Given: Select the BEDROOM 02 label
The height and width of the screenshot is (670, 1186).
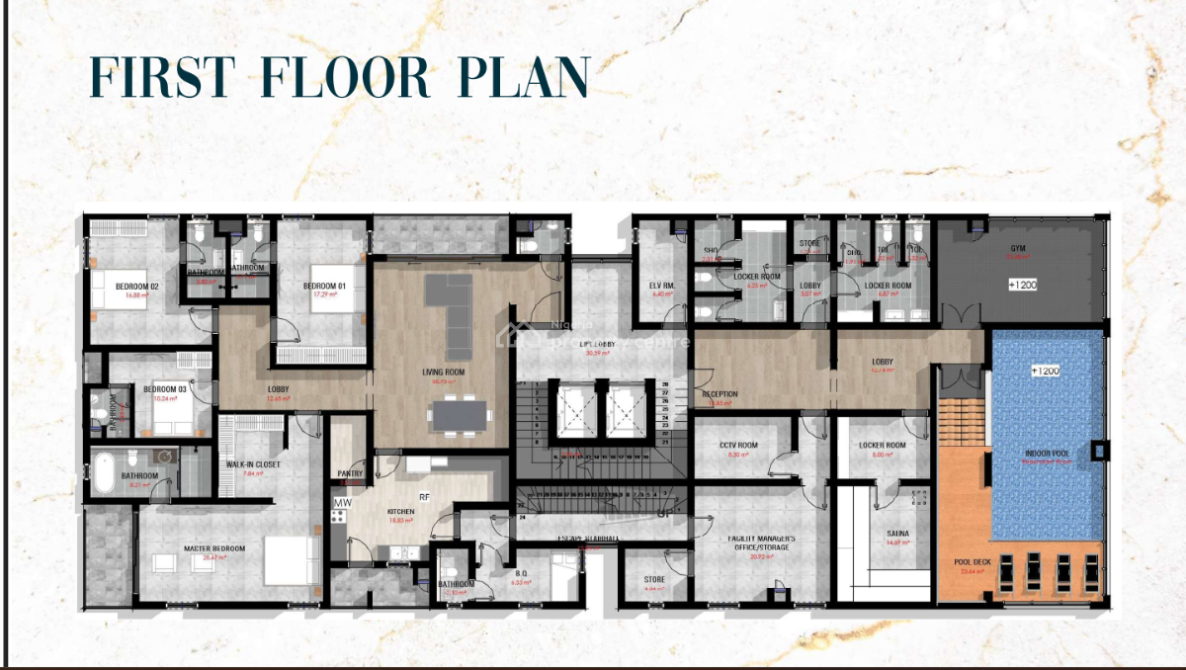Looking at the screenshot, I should (137, 287).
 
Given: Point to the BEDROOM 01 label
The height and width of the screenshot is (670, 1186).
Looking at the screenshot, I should (325, 287).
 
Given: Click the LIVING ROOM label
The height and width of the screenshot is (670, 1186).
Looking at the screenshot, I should (444, 373).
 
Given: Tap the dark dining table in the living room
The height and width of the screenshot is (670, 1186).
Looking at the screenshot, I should (460, 414).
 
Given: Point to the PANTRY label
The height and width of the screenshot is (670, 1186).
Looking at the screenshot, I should (350, 473).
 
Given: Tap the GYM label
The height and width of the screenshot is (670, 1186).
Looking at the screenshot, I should (1017, 248).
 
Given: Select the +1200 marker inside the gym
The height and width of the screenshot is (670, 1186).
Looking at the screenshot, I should (1022, 285).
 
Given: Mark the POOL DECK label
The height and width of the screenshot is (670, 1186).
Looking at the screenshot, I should (973, 562).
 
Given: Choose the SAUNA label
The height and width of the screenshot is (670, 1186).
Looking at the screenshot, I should (898, 534).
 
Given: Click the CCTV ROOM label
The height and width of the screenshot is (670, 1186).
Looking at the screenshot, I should (738, 446).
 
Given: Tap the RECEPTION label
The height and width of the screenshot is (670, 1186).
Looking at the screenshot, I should (720, 394).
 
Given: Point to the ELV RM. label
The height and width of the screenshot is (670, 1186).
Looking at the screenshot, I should (662, 286).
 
